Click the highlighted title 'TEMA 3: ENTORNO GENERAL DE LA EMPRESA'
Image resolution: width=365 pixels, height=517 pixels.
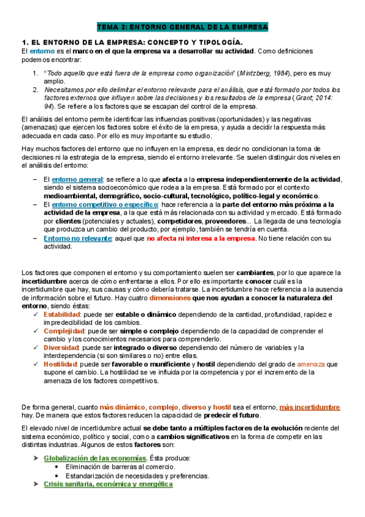[182, 27]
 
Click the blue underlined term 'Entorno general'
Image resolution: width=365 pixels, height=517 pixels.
[77, 179]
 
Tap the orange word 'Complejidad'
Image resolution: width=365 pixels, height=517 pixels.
[63, 331]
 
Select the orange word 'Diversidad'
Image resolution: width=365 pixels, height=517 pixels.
[62, 348]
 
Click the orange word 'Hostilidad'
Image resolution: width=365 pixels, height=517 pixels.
[61, 364]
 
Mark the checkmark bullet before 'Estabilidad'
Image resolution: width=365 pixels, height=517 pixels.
[37, 314]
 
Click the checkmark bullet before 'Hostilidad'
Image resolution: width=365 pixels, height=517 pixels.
[37, 364]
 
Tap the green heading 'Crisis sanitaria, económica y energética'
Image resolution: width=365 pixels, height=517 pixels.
[108, 484]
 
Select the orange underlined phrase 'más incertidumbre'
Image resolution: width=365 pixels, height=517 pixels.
[310, 407]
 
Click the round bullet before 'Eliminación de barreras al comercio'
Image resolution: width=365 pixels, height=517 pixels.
[57, 467]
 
